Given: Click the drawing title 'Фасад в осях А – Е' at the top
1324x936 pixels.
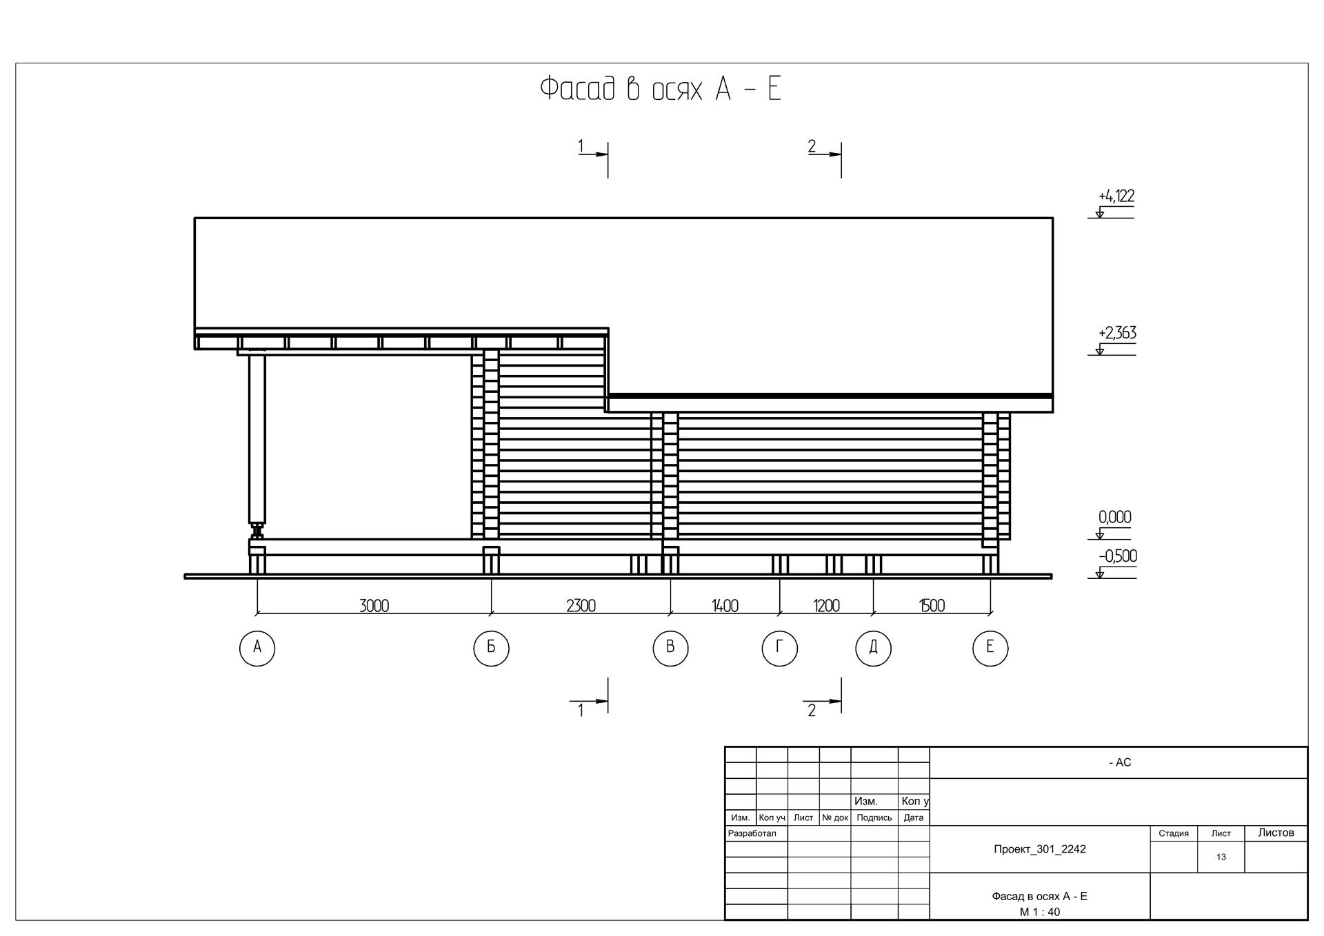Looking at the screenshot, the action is click(x=660, y=89).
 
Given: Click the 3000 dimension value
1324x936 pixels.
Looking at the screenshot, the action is click(x=374, y=606).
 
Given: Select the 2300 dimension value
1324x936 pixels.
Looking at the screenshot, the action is click(x=581, y=606).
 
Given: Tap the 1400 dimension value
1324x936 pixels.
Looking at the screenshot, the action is click(x=725, y=606).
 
